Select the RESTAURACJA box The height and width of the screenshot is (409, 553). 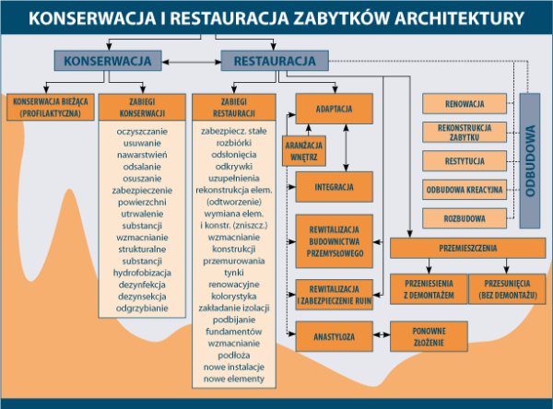274,61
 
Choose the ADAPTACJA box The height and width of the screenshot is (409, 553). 334,109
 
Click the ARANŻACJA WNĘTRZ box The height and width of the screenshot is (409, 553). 300,149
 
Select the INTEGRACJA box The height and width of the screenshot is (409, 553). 334,186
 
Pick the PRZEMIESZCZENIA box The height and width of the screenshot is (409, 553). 469,248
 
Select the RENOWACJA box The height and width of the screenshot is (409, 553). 465,103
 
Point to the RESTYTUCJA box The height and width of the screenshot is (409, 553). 465,160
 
